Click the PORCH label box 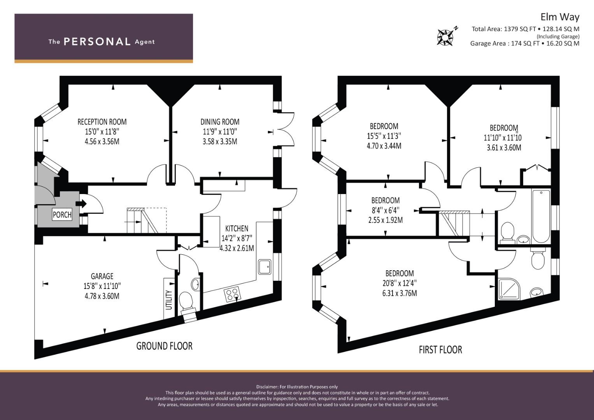pyautogui.click(x=62, y=215)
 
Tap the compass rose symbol pyautogui.click(x=445, y=37)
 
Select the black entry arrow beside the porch pyautogui.click(x=81, y=204)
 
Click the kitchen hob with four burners pyautogui.click(x=233, y=294)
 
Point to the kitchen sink pyautogui.click(x=265, y=267)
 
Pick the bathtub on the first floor pyautogui.click(x=541, y=216)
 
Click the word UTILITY pyautogui.click(x=169, y=300)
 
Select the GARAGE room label pyautogui.click(x=102, y=276)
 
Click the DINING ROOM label pyautogui.click(x=220, y=122)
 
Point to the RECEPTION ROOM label pyautogui.click(x=102, y=122)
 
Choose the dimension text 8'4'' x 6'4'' pyautogui.click(x=385, y=210)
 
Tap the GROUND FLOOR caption pyautogui.click(x=165, y=346)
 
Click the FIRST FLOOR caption pyautogui.click(x=440, y=350)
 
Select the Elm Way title pyautogui.click(x=560, y=17)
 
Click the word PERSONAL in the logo pyautogui.click(x=97, y=42)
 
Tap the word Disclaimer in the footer pyautogui.click(x=267, y=387)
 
